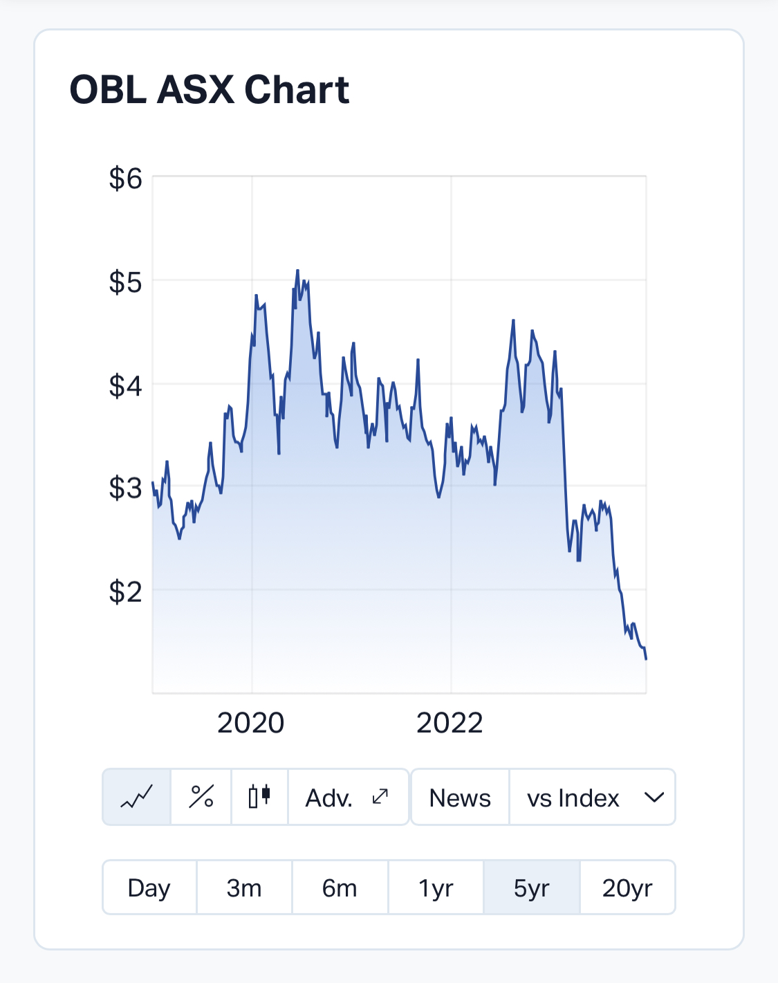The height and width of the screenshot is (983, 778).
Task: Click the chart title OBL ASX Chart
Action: (210, 90)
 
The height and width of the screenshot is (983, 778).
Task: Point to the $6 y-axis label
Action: (125, 178)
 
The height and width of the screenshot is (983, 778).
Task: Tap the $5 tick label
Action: (125, 282)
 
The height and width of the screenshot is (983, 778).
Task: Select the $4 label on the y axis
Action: (125, 385)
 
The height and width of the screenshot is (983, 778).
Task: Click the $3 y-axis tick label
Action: (125, 488)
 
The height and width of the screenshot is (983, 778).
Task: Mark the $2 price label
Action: (125, 592)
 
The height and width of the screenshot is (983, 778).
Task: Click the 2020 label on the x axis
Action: (251, 723)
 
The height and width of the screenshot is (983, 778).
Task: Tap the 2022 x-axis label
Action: (450, 723)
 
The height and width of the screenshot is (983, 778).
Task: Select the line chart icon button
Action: (137, 797)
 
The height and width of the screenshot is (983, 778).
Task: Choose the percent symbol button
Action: (201, 797)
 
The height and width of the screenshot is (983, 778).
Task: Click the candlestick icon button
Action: (259, 797)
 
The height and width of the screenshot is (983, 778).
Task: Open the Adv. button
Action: (347, 797)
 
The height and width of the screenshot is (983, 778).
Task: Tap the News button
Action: (460, 798)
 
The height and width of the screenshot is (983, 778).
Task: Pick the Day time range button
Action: (149, 888)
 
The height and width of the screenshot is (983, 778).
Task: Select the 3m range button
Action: (244, 888)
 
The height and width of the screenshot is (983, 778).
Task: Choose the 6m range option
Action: (340, 888)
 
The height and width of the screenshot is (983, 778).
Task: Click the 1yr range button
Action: (436, 888)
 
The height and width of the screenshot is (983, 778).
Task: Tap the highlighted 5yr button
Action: (531, 888)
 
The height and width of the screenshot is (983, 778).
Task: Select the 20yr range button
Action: (627, 888)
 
